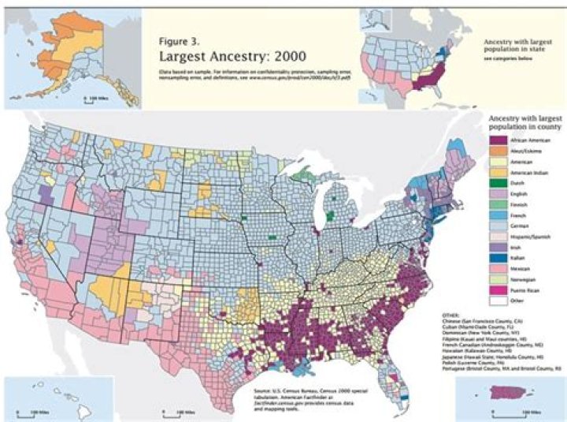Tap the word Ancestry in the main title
point(233,57)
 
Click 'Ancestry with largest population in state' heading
point(516,43)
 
